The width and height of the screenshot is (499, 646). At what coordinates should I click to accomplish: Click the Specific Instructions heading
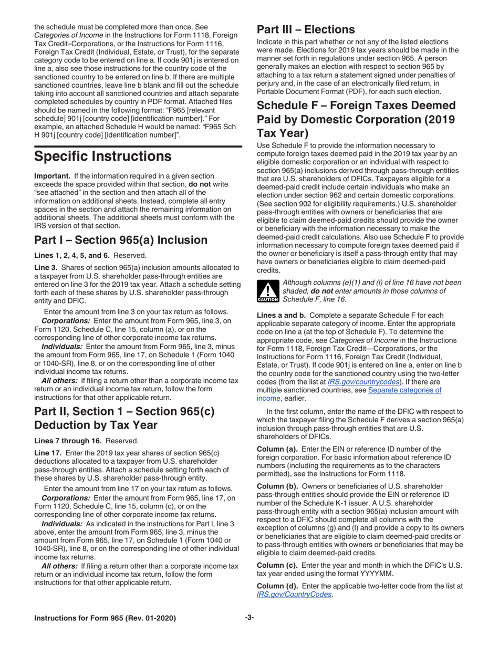click(102, 157)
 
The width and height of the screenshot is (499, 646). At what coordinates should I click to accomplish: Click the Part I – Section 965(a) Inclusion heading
click(120, 240)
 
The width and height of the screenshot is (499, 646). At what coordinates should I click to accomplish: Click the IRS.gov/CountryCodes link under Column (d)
click(294, 594)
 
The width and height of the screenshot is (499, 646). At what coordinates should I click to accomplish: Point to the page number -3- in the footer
click(250, 618)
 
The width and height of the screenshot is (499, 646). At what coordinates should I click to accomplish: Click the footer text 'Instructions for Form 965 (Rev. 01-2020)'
click(105, 618)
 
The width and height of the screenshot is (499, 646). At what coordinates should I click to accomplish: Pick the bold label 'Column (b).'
click(277, 486)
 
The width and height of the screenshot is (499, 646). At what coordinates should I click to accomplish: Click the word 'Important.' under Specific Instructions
click(52, 175)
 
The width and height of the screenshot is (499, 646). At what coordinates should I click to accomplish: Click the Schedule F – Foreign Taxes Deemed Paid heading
click(356, 118)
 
